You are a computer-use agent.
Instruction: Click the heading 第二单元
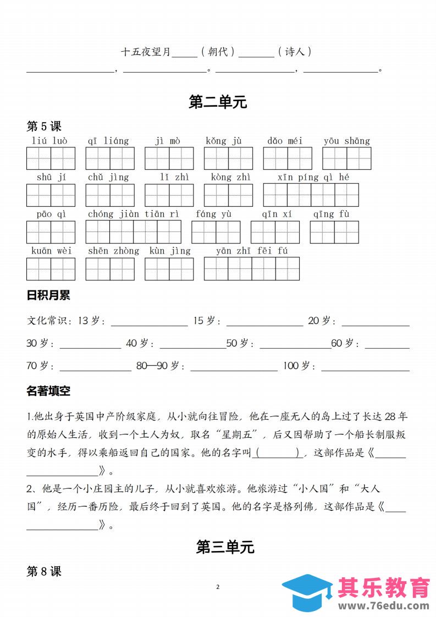point(218,102)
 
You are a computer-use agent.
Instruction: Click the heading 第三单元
point(218,547)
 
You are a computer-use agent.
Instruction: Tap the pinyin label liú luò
point(50,141)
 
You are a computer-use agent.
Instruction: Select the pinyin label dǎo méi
point(285,141)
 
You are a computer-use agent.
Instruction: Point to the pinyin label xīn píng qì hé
point(313,177)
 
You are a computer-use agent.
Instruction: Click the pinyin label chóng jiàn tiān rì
point(133,214)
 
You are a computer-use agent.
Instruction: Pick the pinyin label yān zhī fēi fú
point(252,251)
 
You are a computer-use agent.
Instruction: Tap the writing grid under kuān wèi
point(51,269)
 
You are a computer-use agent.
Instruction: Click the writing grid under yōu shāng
point(346,158)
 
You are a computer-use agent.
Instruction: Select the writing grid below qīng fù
point(334,232)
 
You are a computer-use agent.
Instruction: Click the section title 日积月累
point(48,295)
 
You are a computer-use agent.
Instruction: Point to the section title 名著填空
point(48,391)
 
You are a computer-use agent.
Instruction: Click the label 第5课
point(44,126)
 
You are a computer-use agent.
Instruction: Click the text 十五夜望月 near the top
point(146,52)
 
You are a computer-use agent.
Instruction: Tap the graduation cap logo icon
point(306,594)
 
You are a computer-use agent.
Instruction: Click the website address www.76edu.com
point(384,606)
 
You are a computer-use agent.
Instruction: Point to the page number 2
point(218,587)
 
